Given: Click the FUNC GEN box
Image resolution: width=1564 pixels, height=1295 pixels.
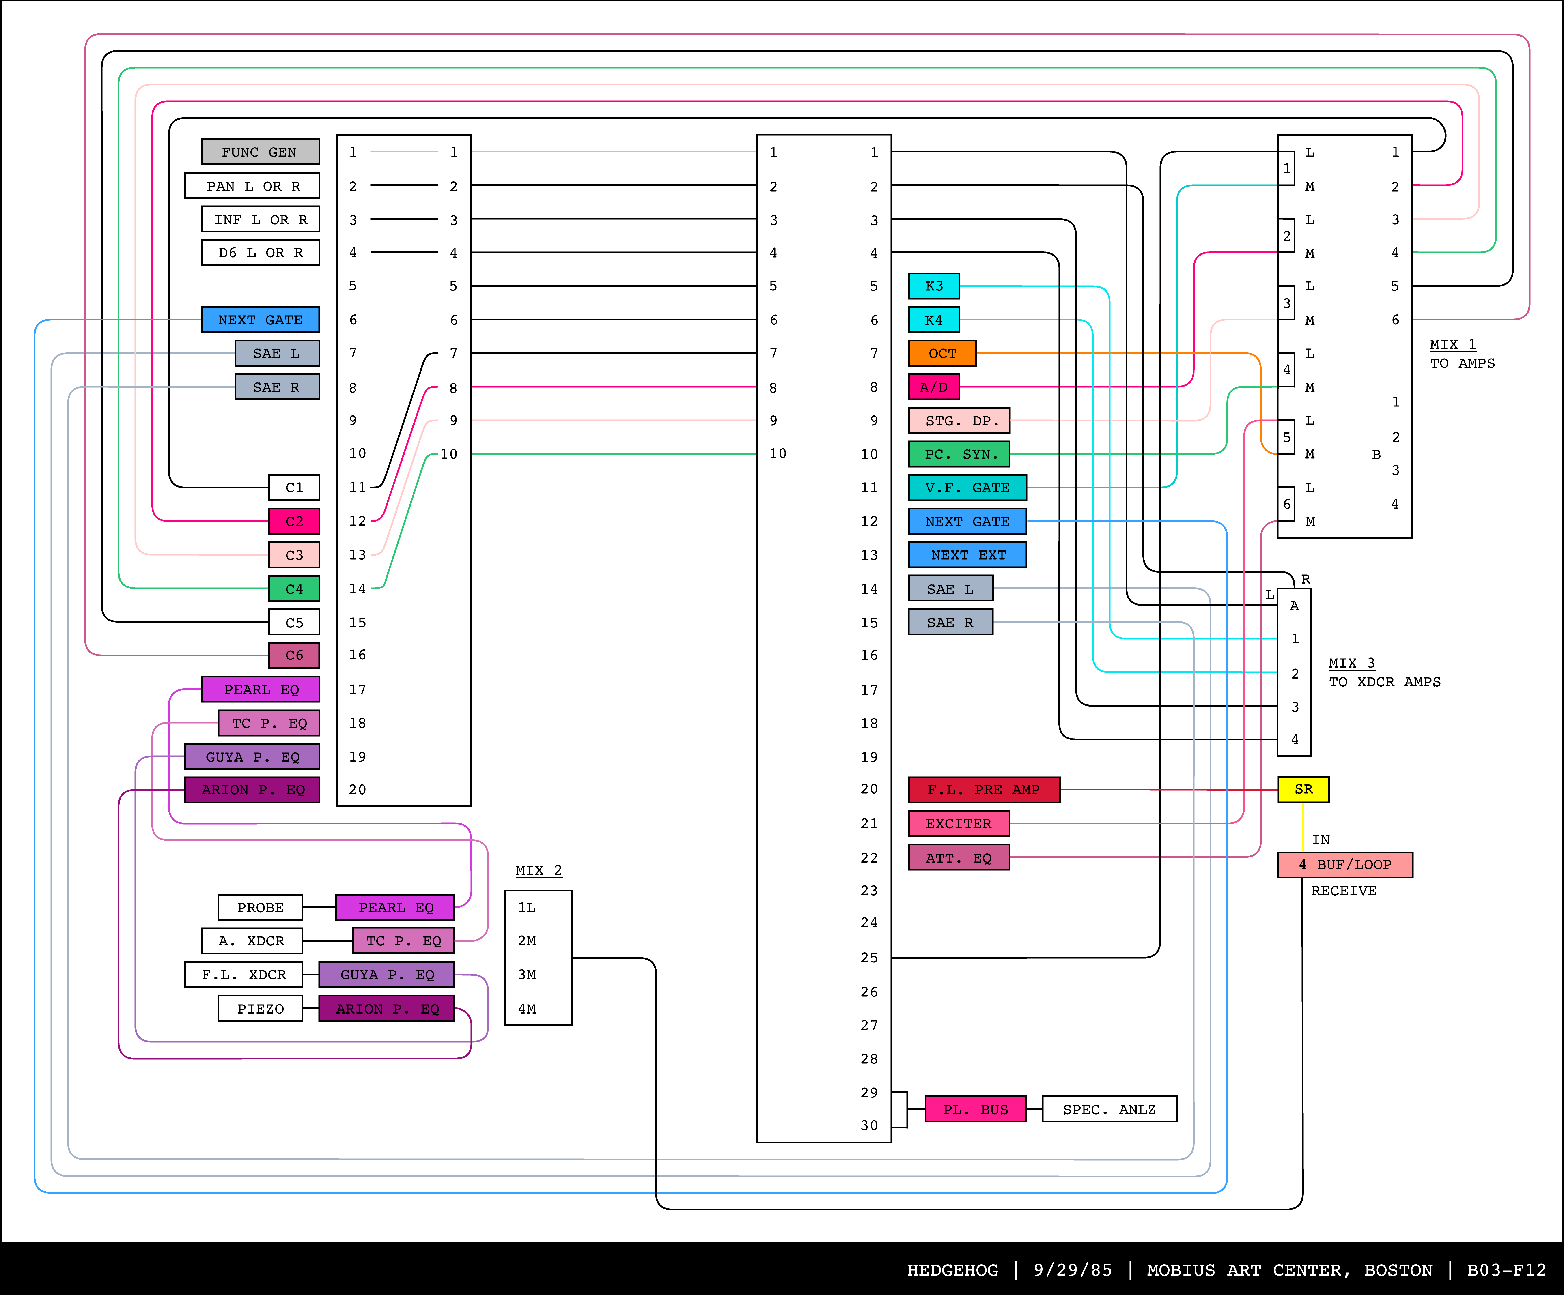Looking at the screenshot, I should pos(260,152).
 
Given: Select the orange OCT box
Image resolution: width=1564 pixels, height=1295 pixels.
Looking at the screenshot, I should pos(942,353).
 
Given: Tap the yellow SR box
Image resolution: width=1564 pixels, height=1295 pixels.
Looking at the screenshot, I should pos(1303,789).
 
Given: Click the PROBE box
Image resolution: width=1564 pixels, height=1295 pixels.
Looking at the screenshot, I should pos(260,907).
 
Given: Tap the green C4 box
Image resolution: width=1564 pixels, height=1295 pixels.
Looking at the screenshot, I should pos(294,588).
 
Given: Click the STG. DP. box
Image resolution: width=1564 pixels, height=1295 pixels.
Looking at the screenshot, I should pos(959,421).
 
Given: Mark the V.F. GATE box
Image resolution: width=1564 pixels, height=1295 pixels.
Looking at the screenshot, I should pos(967,488).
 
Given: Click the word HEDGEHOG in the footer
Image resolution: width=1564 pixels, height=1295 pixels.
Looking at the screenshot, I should pos(952,1270).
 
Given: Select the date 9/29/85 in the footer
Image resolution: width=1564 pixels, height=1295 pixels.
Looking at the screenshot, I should pos(1073,1270).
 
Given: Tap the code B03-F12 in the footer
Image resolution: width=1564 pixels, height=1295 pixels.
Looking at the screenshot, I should pos(1506,1270).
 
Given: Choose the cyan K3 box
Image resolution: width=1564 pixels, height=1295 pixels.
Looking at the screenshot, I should pos(934,286).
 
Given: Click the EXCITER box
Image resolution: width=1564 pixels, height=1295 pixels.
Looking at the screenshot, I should pos(959,824).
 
